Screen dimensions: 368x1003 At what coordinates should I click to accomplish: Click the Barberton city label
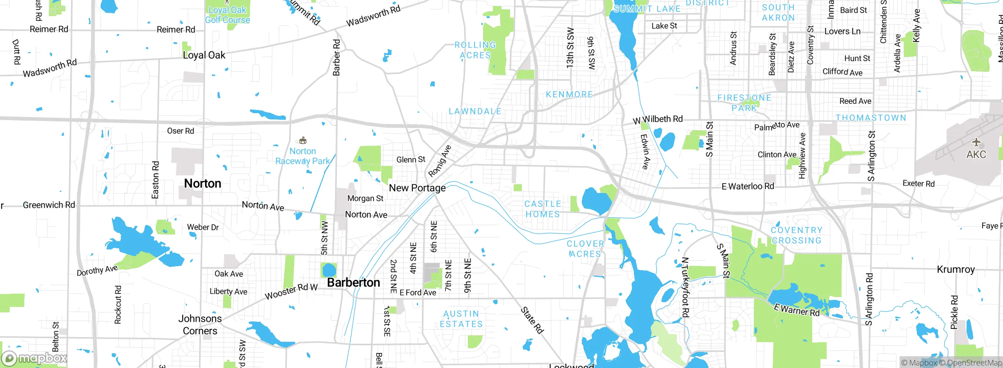pos(353,282)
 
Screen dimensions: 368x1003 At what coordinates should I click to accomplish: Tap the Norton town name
pos(203,183)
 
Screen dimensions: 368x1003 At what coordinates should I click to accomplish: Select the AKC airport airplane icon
pos(976,142)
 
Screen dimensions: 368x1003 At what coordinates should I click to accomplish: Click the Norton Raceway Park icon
pos(302,141)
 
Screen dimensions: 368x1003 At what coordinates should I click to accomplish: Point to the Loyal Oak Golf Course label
pos(227,15)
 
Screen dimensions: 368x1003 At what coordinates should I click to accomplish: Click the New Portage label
pos(417,188)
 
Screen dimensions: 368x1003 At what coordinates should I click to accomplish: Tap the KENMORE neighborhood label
pos(569,94)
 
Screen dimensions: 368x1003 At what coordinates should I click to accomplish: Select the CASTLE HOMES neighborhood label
pos(543,209)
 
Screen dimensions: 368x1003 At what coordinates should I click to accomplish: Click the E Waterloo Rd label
pos(748,186)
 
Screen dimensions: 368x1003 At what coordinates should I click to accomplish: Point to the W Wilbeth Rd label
pos(658,119)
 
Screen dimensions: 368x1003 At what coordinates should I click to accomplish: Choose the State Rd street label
pos(532,320)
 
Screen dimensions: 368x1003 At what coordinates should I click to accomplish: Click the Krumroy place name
pos(956,269)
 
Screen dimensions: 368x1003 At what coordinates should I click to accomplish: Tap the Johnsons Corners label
pos(200,325)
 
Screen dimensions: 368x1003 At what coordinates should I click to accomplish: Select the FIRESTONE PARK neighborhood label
pos(744,103)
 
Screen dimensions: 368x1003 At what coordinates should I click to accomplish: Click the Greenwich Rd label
pos(49,205)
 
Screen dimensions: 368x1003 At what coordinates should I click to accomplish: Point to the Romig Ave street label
pos(440,161)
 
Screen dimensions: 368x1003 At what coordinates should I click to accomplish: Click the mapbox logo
pos(34,358)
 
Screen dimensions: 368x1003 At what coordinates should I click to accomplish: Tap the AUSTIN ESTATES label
pos(461,319)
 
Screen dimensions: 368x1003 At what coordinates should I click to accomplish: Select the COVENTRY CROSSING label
pos(796,235)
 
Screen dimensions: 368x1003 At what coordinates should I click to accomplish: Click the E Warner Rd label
pos(797,310)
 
